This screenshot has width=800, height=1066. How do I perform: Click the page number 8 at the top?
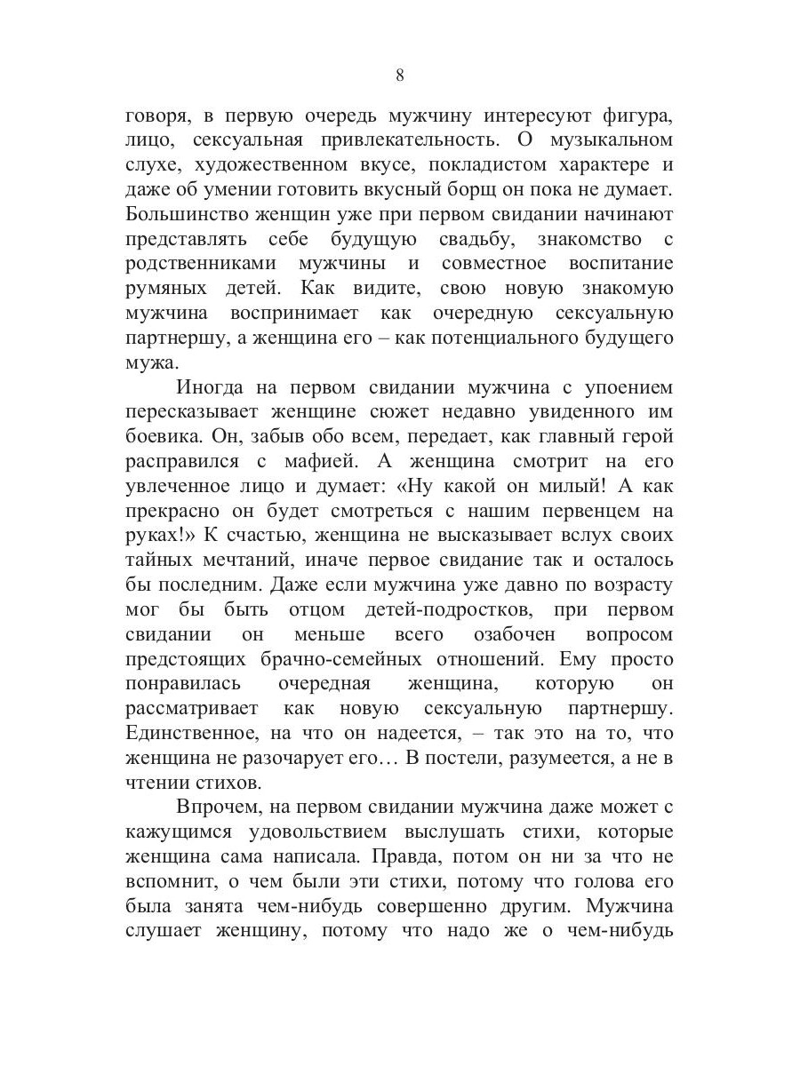(x=399, y=76)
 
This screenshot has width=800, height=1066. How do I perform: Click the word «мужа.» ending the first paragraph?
(x=152, y=362)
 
